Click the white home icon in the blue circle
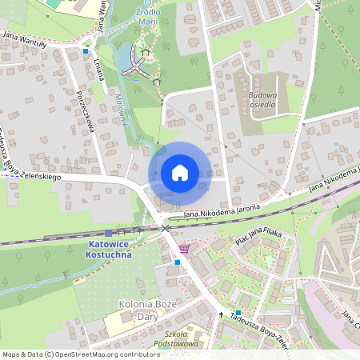click(180, 172)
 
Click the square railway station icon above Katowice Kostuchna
click(108, 232)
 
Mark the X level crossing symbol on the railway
click(166, 228)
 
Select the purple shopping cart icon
click(185, 249)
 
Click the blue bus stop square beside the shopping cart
click(177, 262)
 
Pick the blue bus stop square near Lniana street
click(86, 51)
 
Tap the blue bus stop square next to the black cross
click(238, 312)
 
